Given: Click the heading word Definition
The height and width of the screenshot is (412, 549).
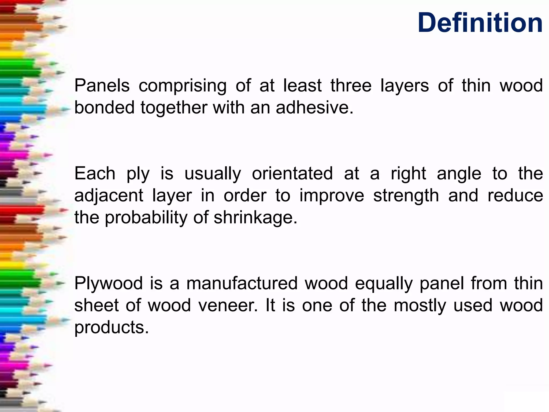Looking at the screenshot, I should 480,23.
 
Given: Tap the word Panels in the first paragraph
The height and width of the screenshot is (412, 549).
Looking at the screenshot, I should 102,86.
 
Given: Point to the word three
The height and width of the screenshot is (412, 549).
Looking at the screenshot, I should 351,86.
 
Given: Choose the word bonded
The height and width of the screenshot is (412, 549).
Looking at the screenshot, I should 104,108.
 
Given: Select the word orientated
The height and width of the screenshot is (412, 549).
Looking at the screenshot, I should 292,174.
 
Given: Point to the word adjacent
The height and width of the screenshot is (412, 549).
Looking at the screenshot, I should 109,196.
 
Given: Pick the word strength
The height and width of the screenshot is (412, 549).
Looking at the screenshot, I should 406,196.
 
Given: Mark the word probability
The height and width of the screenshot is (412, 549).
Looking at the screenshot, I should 146,218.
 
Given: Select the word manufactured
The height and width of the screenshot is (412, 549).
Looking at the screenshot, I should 242,283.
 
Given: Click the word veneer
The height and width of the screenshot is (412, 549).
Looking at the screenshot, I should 228,306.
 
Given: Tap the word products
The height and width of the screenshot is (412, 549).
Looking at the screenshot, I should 111,328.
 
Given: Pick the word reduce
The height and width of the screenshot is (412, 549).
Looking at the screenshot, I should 515,196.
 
